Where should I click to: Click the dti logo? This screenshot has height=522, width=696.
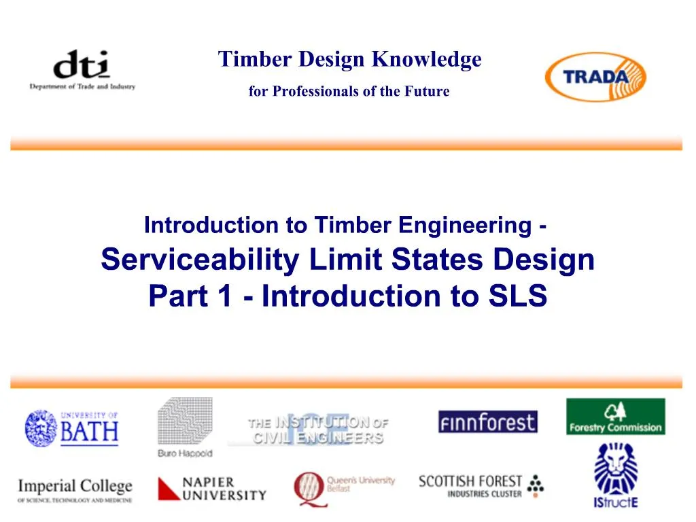click(82, 69)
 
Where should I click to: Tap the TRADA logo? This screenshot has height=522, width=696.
click(595, 76)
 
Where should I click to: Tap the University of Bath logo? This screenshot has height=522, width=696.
click(71, 428)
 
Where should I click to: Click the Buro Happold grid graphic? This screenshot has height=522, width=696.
click(185, 421)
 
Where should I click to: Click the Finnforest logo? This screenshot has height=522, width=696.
click(487, 422)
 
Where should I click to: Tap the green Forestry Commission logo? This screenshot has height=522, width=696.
click(616, 417)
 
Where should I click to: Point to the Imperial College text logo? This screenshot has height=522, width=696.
click(75, 489)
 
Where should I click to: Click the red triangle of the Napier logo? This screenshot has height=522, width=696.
click(169, 489)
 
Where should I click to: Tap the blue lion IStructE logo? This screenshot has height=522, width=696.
click(616, 474)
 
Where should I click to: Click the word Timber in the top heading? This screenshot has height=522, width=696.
click(247, 60)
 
